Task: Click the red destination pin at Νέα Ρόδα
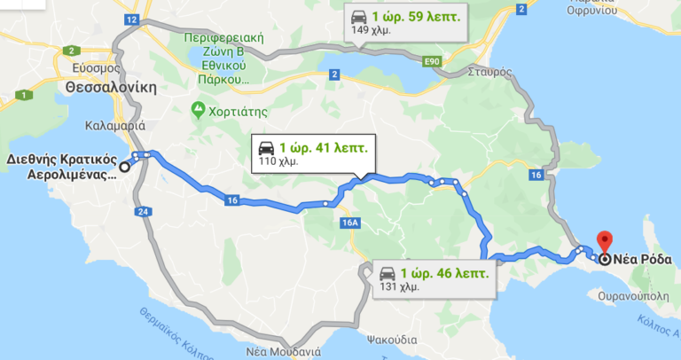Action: (605, 240)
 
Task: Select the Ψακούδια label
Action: (391, 339)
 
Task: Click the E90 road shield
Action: (432, 60)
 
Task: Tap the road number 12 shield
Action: (131, 19)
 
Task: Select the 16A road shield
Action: (349, 223)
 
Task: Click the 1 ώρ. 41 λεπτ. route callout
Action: (313, 153)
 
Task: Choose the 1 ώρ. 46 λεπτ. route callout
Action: (432, 278)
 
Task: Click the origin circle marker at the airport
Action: (124, 165)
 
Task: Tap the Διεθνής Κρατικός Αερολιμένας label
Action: (61, 168)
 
